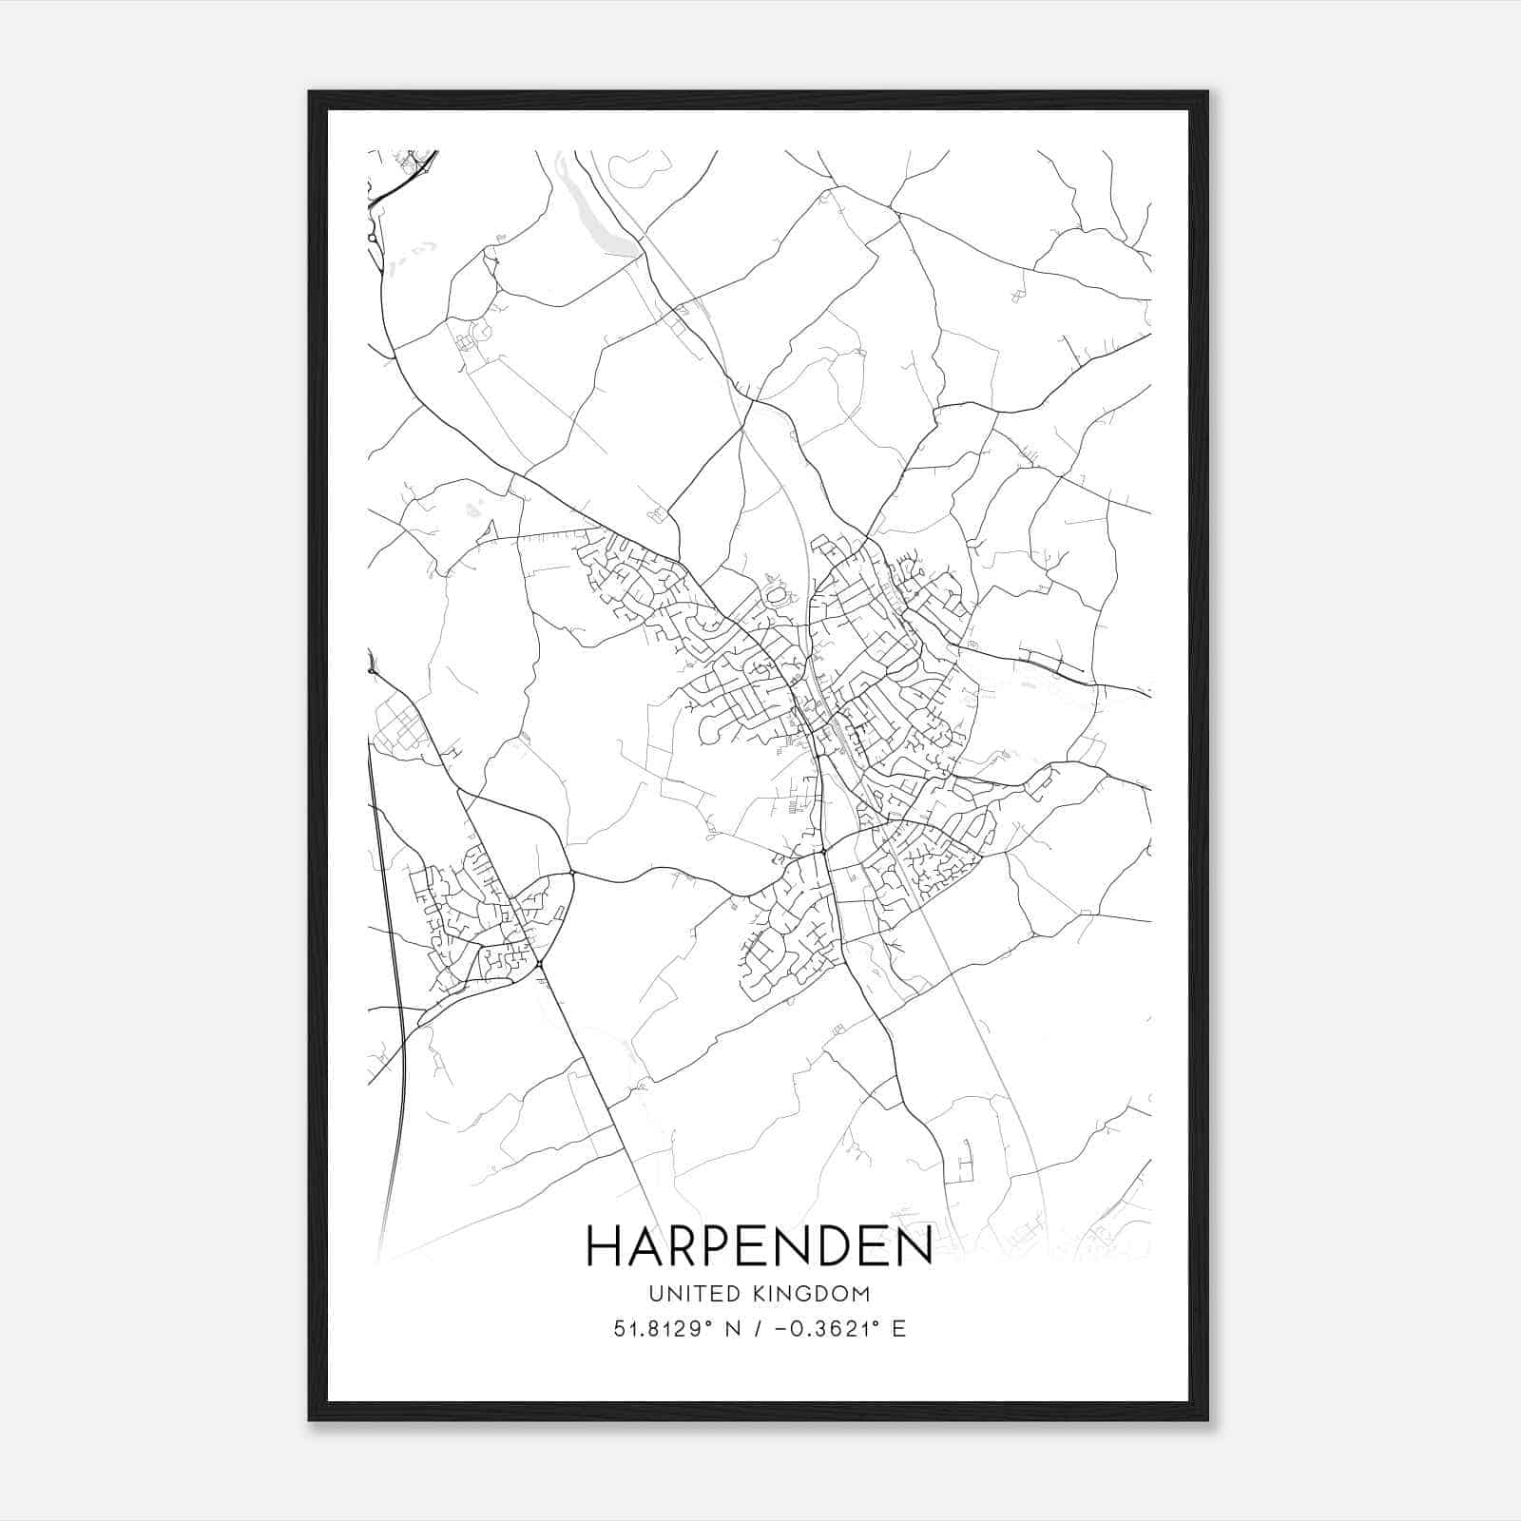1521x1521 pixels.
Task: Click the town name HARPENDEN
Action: tap(759, 1246)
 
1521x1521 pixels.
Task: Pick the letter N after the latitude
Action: tap(731, 1328)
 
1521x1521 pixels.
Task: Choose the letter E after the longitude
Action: tap(898, 1328)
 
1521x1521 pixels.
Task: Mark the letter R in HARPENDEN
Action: tap(683, 1246)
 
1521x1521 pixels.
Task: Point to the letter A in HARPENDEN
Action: tap(644, 1246)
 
